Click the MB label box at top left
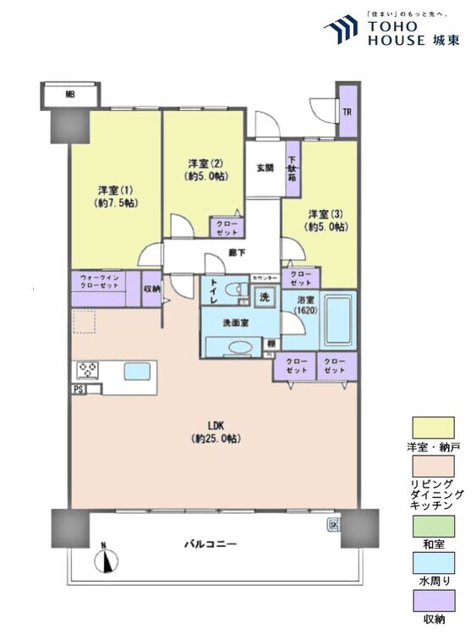click(x=70, y=94)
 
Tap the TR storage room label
click(x=347, y=112)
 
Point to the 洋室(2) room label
click(x=204, y=169)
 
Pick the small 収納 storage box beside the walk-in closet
click(x=152, y=288)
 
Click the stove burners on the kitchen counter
click(x=88, y=370)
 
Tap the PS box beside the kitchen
click(x=78, y=389)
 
